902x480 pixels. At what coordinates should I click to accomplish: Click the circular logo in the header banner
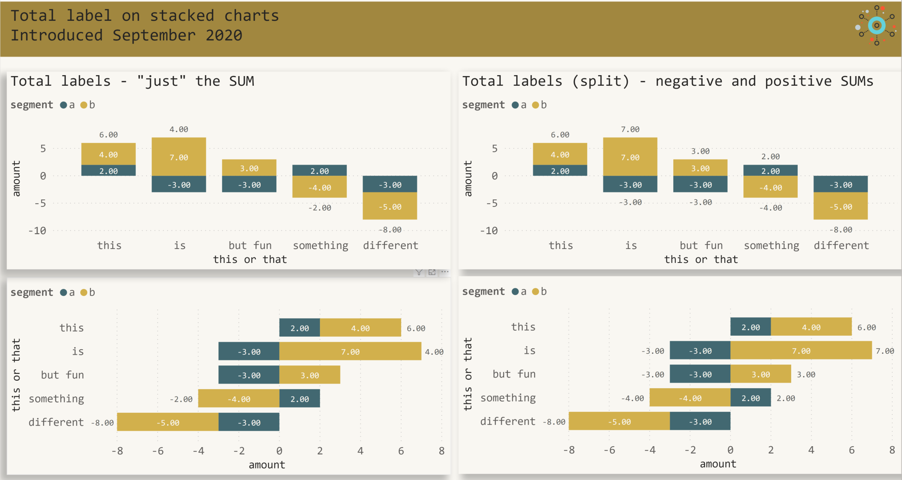pyautogui.click(x=876, y=26)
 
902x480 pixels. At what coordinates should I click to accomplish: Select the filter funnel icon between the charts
pyautogui.click(x=419, y=272)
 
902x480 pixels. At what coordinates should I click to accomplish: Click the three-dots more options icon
pyautogui.click(x=445, y=272)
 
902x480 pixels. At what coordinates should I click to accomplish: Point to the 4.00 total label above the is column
pyautogui.click(x=179, y=129)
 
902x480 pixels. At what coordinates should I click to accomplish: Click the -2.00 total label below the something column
pyautogui.click(x=320, y=208)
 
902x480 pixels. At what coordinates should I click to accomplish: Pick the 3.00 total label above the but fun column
pyautogui.click(x=700, y=151)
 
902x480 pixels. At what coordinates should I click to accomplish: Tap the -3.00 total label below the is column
pyautogui.click(x=630, y=202)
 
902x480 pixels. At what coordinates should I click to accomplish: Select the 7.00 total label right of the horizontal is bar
pyautogui.click(x=885, y=351)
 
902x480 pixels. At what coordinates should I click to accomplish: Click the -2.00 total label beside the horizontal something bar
pyautogui.click(x=181, y=399)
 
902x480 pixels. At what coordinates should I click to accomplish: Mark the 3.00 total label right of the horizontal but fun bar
pyautogui.click(x=806, y=375)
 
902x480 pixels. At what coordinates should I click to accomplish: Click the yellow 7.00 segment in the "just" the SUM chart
pyautogui.click(x=179, y=157)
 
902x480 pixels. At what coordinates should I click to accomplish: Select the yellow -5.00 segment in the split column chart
pyautogui.click(x=840, y=207)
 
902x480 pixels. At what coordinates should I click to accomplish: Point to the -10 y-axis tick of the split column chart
pyautogui.click(x=489, y=231)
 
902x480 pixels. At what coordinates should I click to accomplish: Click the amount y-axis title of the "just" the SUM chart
pyautogui.click(x=17, y=179)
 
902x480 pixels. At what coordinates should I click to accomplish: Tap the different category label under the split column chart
pyautogui.click(x=841, y=246)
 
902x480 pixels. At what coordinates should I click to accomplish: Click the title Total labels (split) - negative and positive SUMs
pyautogui.click(x=667, y=81)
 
